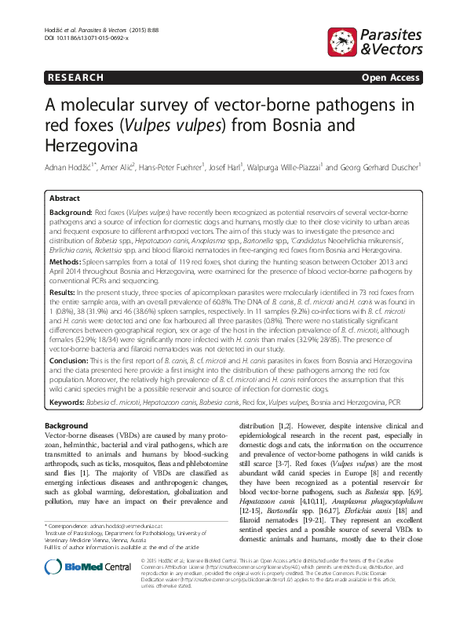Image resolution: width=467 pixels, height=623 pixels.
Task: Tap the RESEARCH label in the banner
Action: click(x=75, y=78)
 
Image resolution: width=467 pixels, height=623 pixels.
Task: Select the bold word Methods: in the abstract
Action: click(x=66, y=258)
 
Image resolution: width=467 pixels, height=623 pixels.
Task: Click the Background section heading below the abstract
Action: click(x=68, y=424)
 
